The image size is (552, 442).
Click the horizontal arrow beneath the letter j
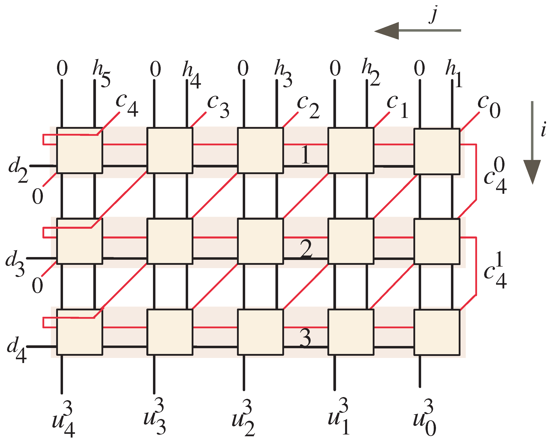(417, 31)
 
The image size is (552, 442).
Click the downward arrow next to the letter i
(532, 144)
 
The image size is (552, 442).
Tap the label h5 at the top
(101, 73)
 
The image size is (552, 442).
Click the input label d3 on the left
(15, 263)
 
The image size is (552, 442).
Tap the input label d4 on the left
(17, 349)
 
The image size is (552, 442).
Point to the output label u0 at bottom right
(424, 418)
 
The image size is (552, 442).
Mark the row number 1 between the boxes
(305, 155)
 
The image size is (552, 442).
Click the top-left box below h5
(80, 151)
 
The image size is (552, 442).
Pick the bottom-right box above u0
(437, 332)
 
